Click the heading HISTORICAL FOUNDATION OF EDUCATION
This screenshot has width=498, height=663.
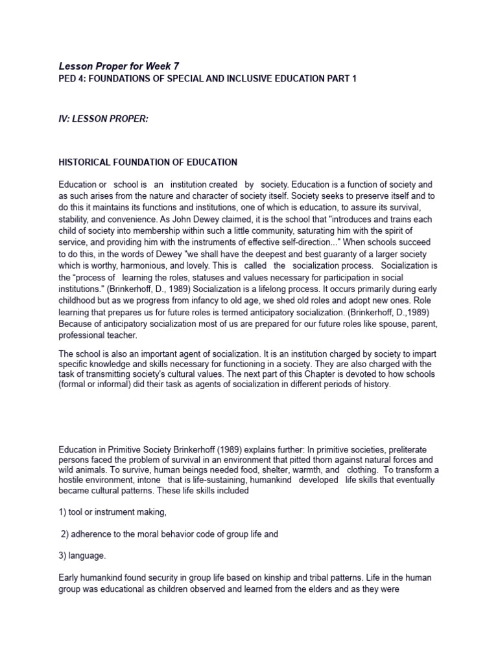(148, 162)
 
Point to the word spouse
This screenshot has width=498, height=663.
(385, 324)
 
